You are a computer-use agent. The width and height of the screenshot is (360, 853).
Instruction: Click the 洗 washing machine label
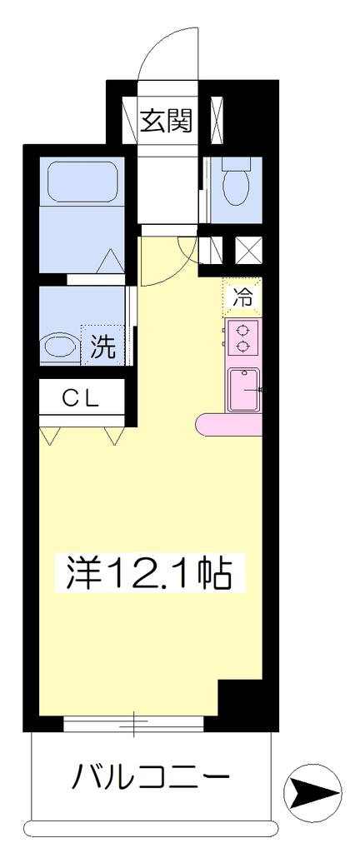(x=102, y=347)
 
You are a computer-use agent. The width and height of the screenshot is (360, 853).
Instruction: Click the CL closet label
(x=81, y=399)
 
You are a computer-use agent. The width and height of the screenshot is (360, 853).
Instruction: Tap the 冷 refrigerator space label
(x=242, y=297)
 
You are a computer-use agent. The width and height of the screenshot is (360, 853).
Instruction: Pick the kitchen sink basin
(x=244, y=390)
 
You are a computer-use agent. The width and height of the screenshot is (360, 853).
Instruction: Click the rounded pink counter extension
(x=229, y=425)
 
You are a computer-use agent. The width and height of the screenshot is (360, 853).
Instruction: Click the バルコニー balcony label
(x=151, y=776)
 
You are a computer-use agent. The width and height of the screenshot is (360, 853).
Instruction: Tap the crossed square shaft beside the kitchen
(x=248, y=249)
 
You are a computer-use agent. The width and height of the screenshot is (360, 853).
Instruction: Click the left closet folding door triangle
(x=51, y=435)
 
